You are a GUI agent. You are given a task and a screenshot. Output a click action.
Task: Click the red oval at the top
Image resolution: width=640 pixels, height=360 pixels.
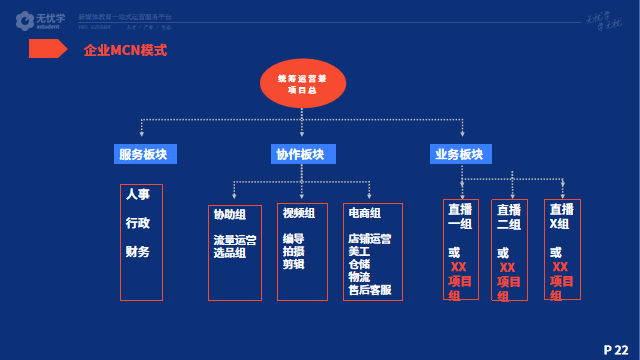point(301,83)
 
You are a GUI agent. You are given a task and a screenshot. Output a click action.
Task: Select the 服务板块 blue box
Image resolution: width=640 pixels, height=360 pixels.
point(143,154)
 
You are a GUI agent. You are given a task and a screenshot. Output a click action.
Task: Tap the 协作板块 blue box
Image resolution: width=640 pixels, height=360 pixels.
point(300,154)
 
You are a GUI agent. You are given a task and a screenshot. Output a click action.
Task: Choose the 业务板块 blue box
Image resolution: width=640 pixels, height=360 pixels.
point(459,154)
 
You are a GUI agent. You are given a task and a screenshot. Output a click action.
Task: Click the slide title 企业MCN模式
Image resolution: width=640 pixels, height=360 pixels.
point(125,50)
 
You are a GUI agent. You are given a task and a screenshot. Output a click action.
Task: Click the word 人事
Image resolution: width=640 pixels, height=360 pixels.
point(138,194)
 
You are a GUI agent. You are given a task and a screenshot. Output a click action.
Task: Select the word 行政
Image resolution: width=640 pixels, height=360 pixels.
point(138,222)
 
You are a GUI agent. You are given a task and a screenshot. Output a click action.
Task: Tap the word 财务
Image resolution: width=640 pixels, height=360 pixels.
point(138,251)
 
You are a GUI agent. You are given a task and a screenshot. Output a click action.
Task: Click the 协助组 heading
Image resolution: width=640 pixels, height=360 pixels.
point(229,213)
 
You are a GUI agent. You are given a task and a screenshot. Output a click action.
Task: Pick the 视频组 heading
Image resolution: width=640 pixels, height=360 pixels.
point(298,213)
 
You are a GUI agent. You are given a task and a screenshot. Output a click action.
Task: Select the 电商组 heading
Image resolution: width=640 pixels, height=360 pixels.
point(365,213)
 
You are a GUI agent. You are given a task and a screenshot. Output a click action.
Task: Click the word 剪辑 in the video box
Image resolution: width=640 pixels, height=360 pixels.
point(293,265)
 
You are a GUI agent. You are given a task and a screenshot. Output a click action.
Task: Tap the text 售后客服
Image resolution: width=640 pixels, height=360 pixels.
point(369,290)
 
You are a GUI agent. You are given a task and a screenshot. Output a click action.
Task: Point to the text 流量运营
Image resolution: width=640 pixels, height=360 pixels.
point(234,240)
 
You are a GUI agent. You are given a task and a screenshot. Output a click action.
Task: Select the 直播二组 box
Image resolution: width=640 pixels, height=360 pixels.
point(509,250)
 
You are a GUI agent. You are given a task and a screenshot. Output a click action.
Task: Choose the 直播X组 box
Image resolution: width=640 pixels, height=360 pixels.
point(562,250)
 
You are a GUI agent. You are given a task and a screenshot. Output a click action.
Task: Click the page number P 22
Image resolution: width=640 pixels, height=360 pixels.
point(616,348)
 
